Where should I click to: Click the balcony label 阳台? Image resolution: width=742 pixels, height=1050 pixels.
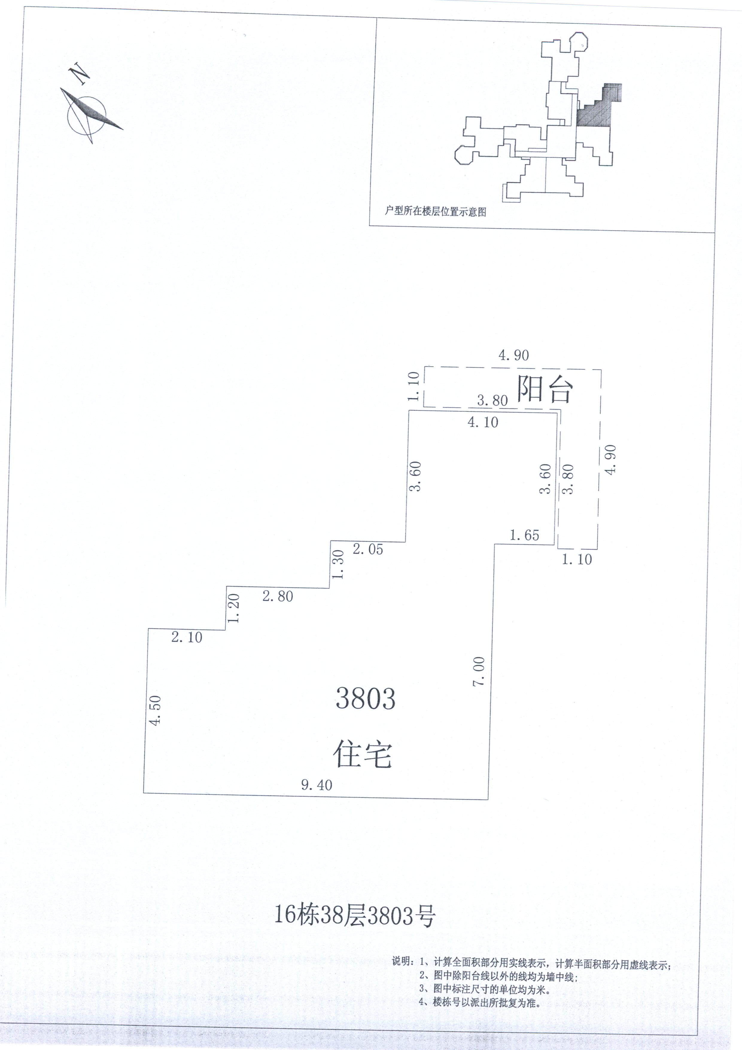coord(545,389)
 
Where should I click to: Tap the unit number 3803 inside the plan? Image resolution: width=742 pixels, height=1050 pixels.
coord(365,698)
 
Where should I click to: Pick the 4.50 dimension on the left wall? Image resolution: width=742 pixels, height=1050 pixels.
coord(156,710)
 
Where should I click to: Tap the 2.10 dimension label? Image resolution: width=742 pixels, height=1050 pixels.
coord(186,637)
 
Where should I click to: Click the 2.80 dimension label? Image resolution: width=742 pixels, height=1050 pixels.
coord(278,596)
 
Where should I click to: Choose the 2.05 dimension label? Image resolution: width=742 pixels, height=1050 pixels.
coord(368,549)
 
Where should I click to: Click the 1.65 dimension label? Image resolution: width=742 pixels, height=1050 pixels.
coord(524,535)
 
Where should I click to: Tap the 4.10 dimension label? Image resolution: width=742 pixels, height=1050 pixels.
coord(483,422)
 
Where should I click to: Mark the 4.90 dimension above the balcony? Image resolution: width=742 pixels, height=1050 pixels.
coord(513,355)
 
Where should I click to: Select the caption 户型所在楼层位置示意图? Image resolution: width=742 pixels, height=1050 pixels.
coord(435,211)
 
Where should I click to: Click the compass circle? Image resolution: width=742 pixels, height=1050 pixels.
coord(86,117)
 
